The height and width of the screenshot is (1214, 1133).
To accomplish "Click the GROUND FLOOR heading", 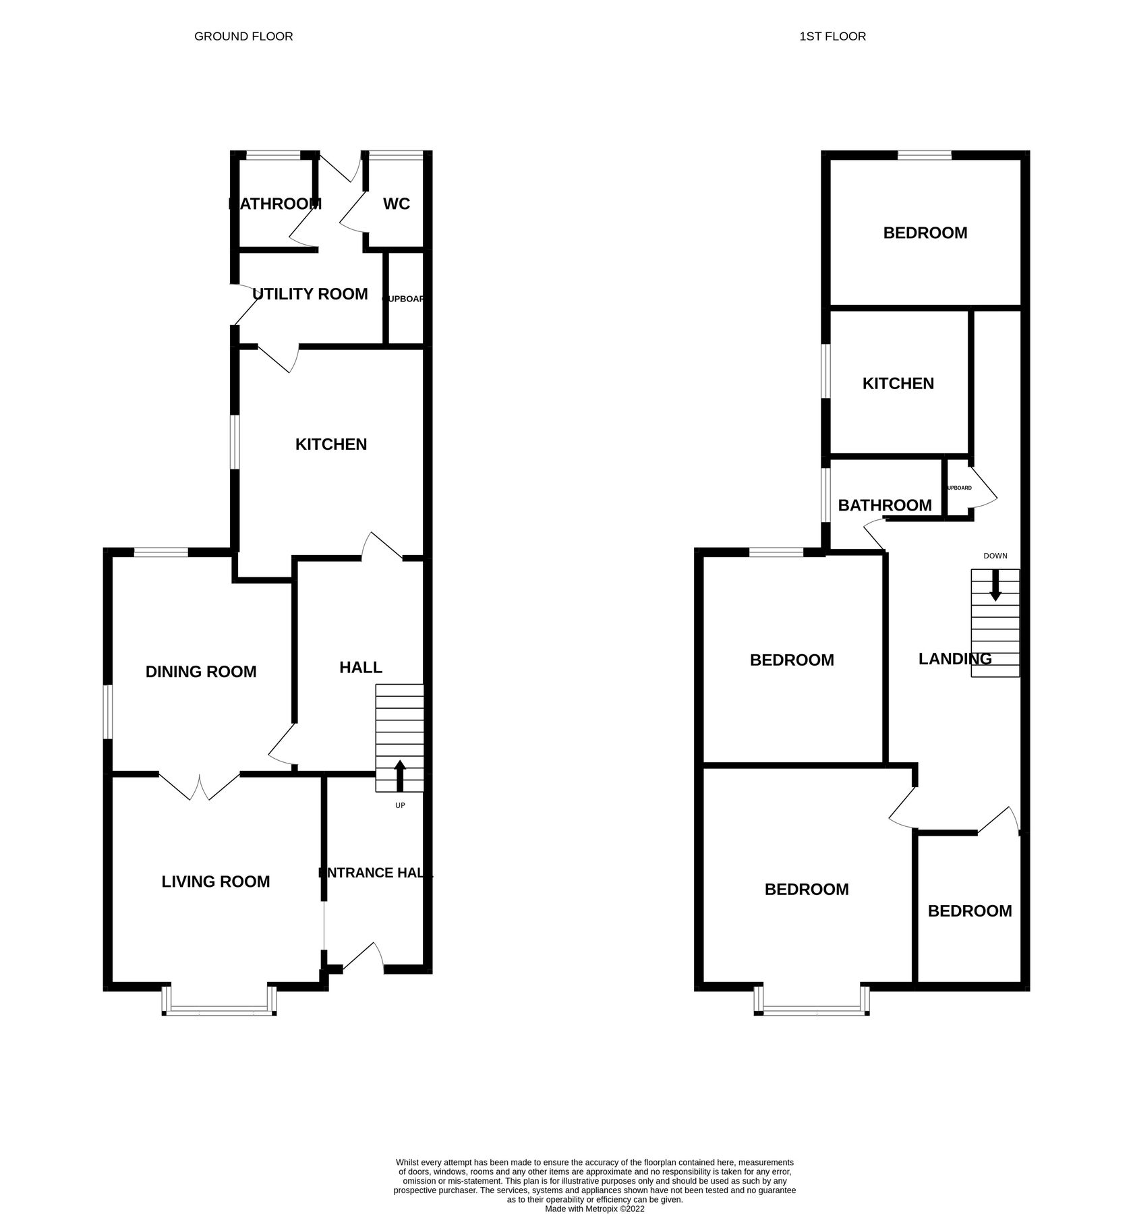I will [243, 36].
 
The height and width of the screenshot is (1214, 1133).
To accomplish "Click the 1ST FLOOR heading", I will [832, 36].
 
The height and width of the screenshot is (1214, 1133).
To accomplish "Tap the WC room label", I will [397, 204].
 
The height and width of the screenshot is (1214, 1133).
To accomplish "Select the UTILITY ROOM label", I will [310, 294].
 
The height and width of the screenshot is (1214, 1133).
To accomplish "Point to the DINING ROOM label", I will [201, 672].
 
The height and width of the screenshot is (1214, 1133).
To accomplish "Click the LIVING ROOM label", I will [216, 881].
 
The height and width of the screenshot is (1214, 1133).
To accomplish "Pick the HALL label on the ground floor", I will [361, 668].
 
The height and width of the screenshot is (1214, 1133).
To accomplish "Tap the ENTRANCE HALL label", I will [376, 873].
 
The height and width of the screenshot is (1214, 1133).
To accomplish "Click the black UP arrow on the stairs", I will [400, 775].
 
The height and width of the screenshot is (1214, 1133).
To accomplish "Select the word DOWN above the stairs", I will [995, 556].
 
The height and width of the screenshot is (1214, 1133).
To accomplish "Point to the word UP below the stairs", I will [400, 805].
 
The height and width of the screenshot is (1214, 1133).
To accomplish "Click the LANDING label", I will [955, 659].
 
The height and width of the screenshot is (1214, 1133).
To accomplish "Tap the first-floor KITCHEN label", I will [898, 384].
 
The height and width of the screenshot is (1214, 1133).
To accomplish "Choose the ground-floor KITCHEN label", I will [331, 444].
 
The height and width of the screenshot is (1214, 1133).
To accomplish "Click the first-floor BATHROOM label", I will [885, 505].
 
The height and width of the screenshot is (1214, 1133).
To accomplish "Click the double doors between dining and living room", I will [200, 786].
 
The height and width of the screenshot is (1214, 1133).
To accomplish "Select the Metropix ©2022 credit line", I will [595, 1190].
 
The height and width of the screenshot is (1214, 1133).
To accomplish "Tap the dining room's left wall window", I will [107, 713].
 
